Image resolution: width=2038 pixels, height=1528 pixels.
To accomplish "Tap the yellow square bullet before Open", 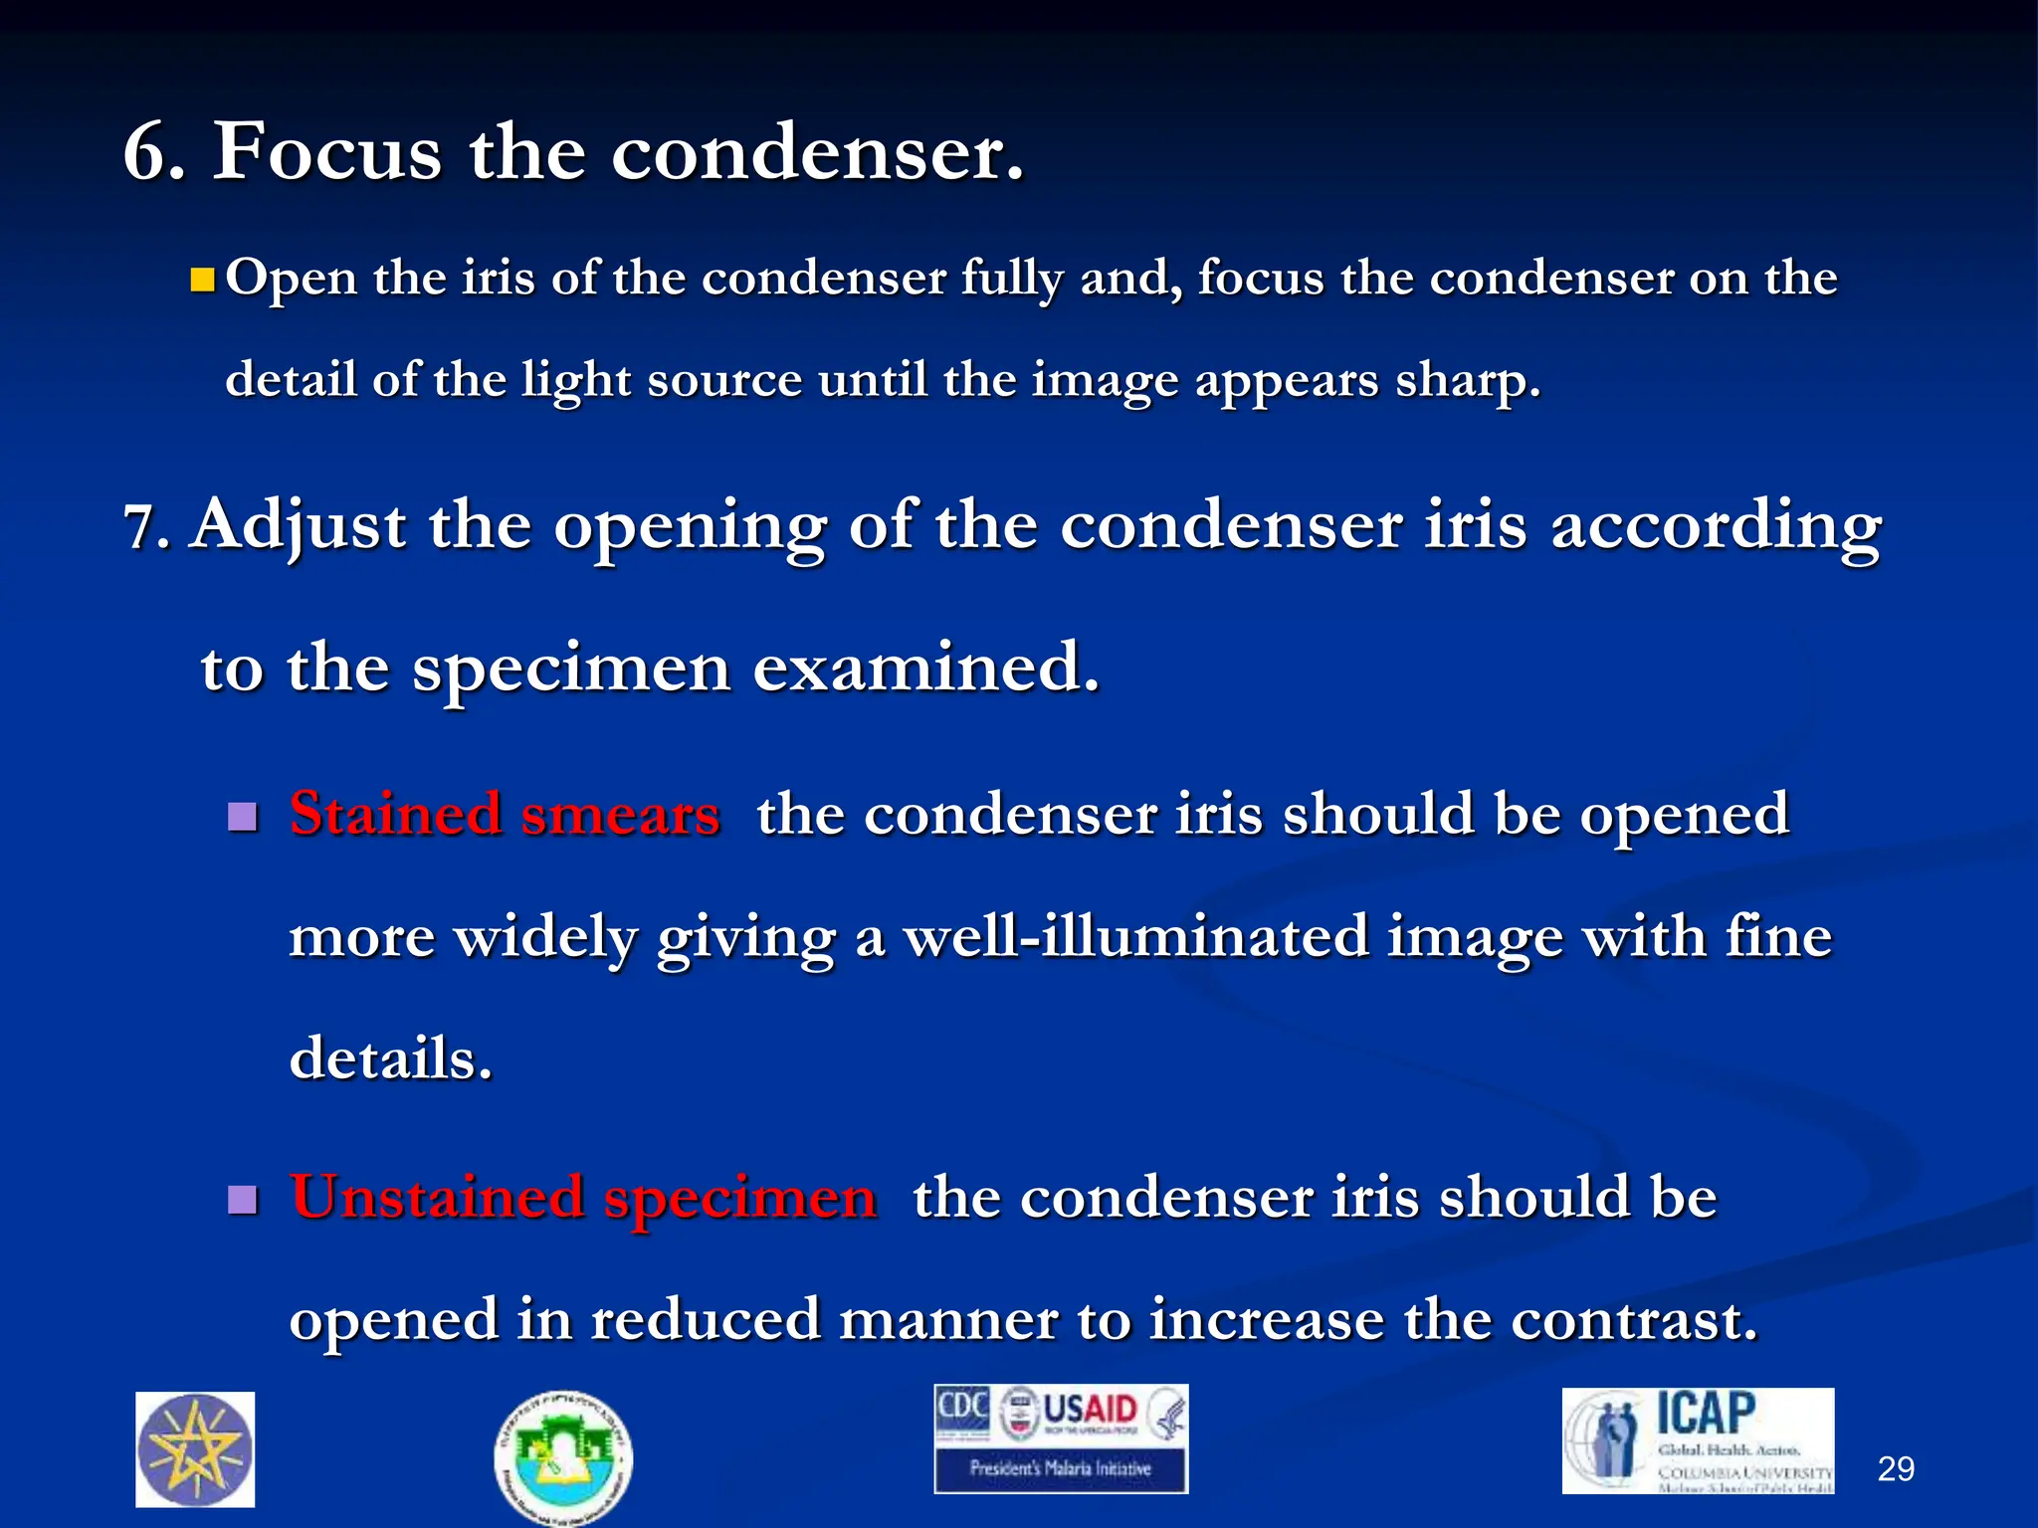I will click(x=203, y=280).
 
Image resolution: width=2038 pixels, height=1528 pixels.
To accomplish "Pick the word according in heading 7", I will click(x=1716, y=527).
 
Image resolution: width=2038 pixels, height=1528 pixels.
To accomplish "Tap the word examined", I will click(x=925, y=668).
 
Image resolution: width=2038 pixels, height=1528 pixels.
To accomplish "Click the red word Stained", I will click(x=395, y=815).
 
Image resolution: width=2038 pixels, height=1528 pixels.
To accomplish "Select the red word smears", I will click(x=620, y=815).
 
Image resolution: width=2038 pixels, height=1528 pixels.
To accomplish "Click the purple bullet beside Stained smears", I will click(x=243, y=818).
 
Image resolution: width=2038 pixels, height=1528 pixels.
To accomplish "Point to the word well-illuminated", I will click(x=1135, y=937).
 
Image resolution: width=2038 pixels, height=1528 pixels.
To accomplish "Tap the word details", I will click(x=390, y=1058).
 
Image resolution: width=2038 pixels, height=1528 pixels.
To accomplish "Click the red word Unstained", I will click(x=437, y=1197).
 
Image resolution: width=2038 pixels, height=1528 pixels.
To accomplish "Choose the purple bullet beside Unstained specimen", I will click(x=243, y=1201).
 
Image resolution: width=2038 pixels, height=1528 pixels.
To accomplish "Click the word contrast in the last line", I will click(x=1633, y=1320).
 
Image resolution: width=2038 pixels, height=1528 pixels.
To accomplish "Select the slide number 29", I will click(x=1895, y=1469).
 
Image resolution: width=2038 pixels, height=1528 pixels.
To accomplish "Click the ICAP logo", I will click(x=1698, y=1439).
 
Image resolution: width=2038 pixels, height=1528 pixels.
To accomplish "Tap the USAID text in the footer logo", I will click(x=1090, y=1411).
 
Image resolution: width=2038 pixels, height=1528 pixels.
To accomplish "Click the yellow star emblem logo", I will click(x=195, y=1449).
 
